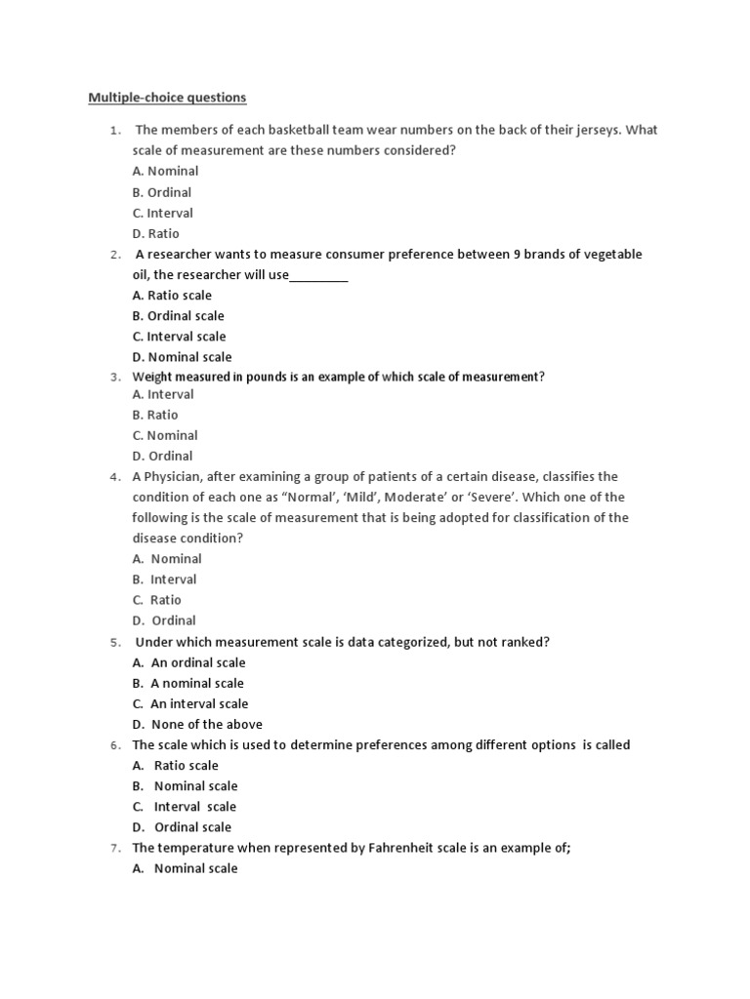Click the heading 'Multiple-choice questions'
click(x=167, y=98)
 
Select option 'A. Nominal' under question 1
click(x=165, y=172)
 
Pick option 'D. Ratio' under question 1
click(x=156, y=234)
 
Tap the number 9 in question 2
click(x=518, y=255)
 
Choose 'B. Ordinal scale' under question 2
click(x=178, y=316)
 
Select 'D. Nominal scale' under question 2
click(x=182, y=357)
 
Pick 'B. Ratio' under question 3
click(x=155, y=415)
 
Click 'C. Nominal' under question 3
click(x=165, y=435)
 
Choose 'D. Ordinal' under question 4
click(x=164, y=620)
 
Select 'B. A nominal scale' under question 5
click(x=188, y=683)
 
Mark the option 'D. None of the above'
click(x=197, y=724)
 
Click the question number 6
click(x=113, y=745)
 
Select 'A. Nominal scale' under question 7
click(x=185, y=868)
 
